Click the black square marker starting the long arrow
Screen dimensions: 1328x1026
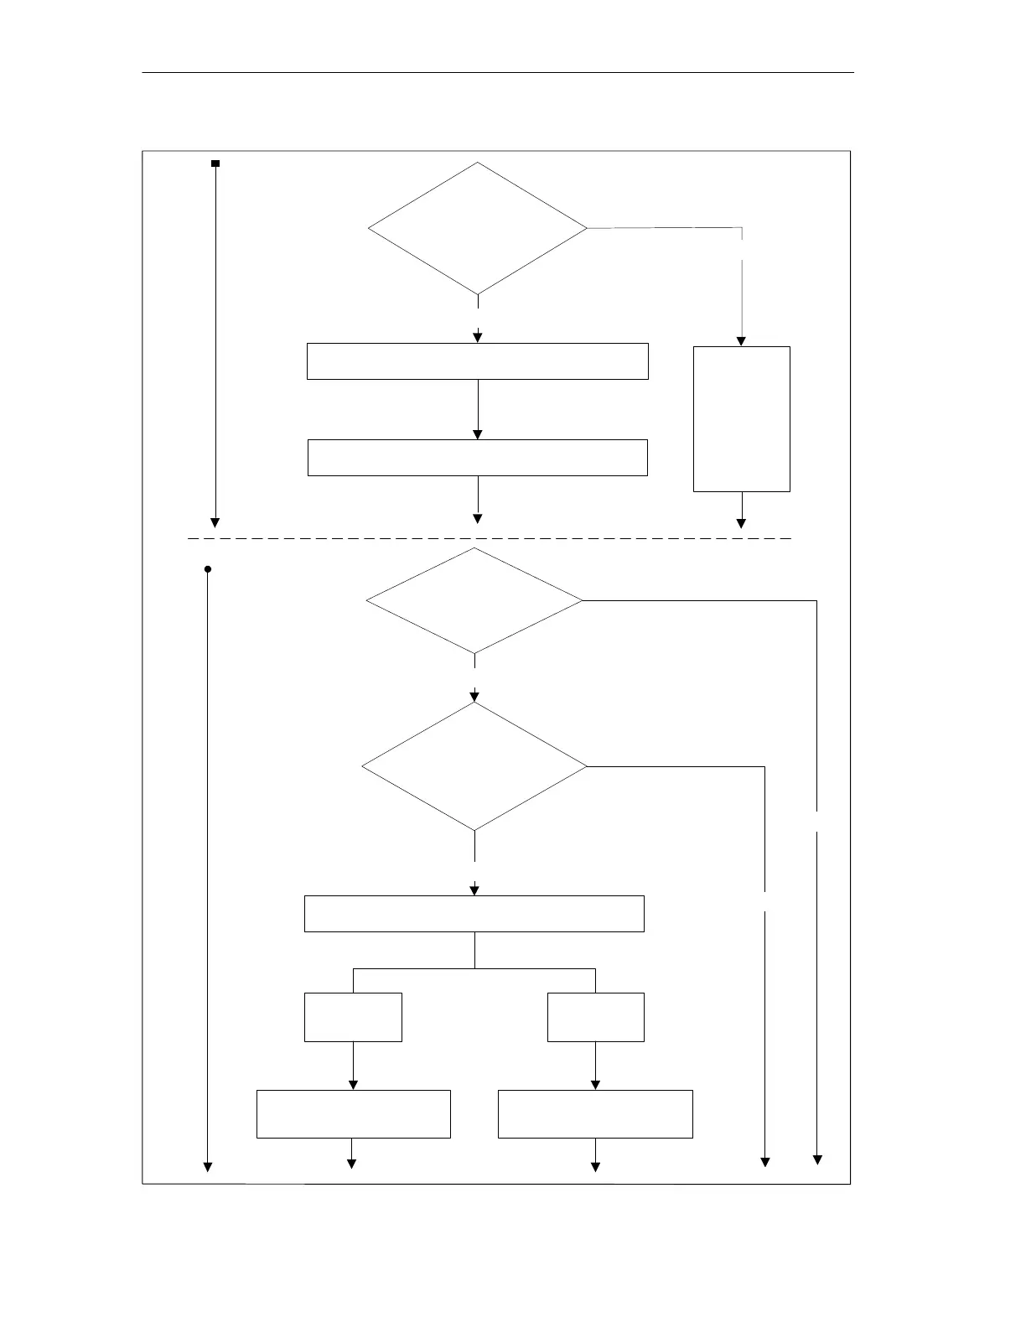pos(215,163)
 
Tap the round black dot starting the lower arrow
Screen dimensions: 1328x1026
pos(208,569)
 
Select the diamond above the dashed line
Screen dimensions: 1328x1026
pos(478,228)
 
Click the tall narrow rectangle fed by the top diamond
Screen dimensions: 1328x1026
pos(742,418)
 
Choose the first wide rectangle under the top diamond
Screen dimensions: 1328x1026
pos(478,361)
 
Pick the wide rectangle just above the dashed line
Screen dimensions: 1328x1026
pos(478,458)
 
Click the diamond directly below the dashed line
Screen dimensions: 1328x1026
pos(474,600)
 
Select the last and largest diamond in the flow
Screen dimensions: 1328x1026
pos(474,766)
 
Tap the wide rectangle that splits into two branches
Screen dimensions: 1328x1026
pos(474,914)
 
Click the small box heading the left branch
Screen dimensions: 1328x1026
pos(353,1017)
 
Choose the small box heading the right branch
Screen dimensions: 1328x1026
pos(596,1017)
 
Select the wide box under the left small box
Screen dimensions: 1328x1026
pos(353,1114)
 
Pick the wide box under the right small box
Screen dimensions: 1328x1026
pos(596,1114)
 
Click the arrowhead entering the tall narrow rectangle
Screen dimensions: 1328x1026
pos(741,341)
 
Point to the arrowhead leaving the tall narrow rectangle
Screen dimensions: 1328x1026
pos(741,523)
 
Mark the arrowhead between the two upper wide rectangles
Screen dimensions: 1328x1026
pos(478,434)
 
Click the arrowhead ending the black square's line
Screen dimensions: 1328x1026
pos(215,522)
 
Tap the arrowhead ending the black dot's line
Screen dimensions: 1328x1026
pos(208,1166)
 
